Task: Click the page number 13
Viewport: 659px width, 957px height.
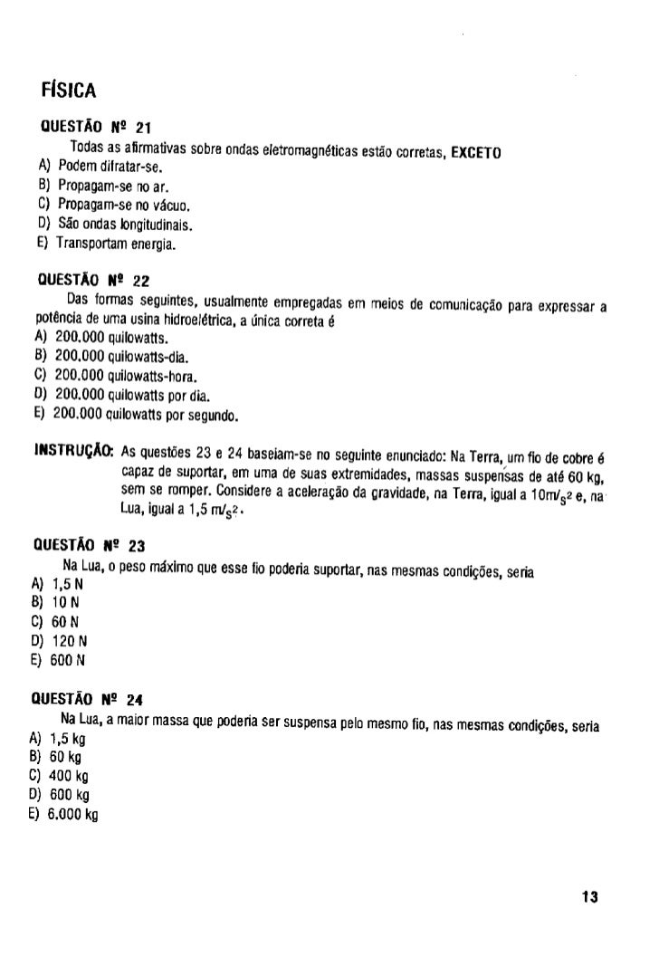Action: tap(590, 897)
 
